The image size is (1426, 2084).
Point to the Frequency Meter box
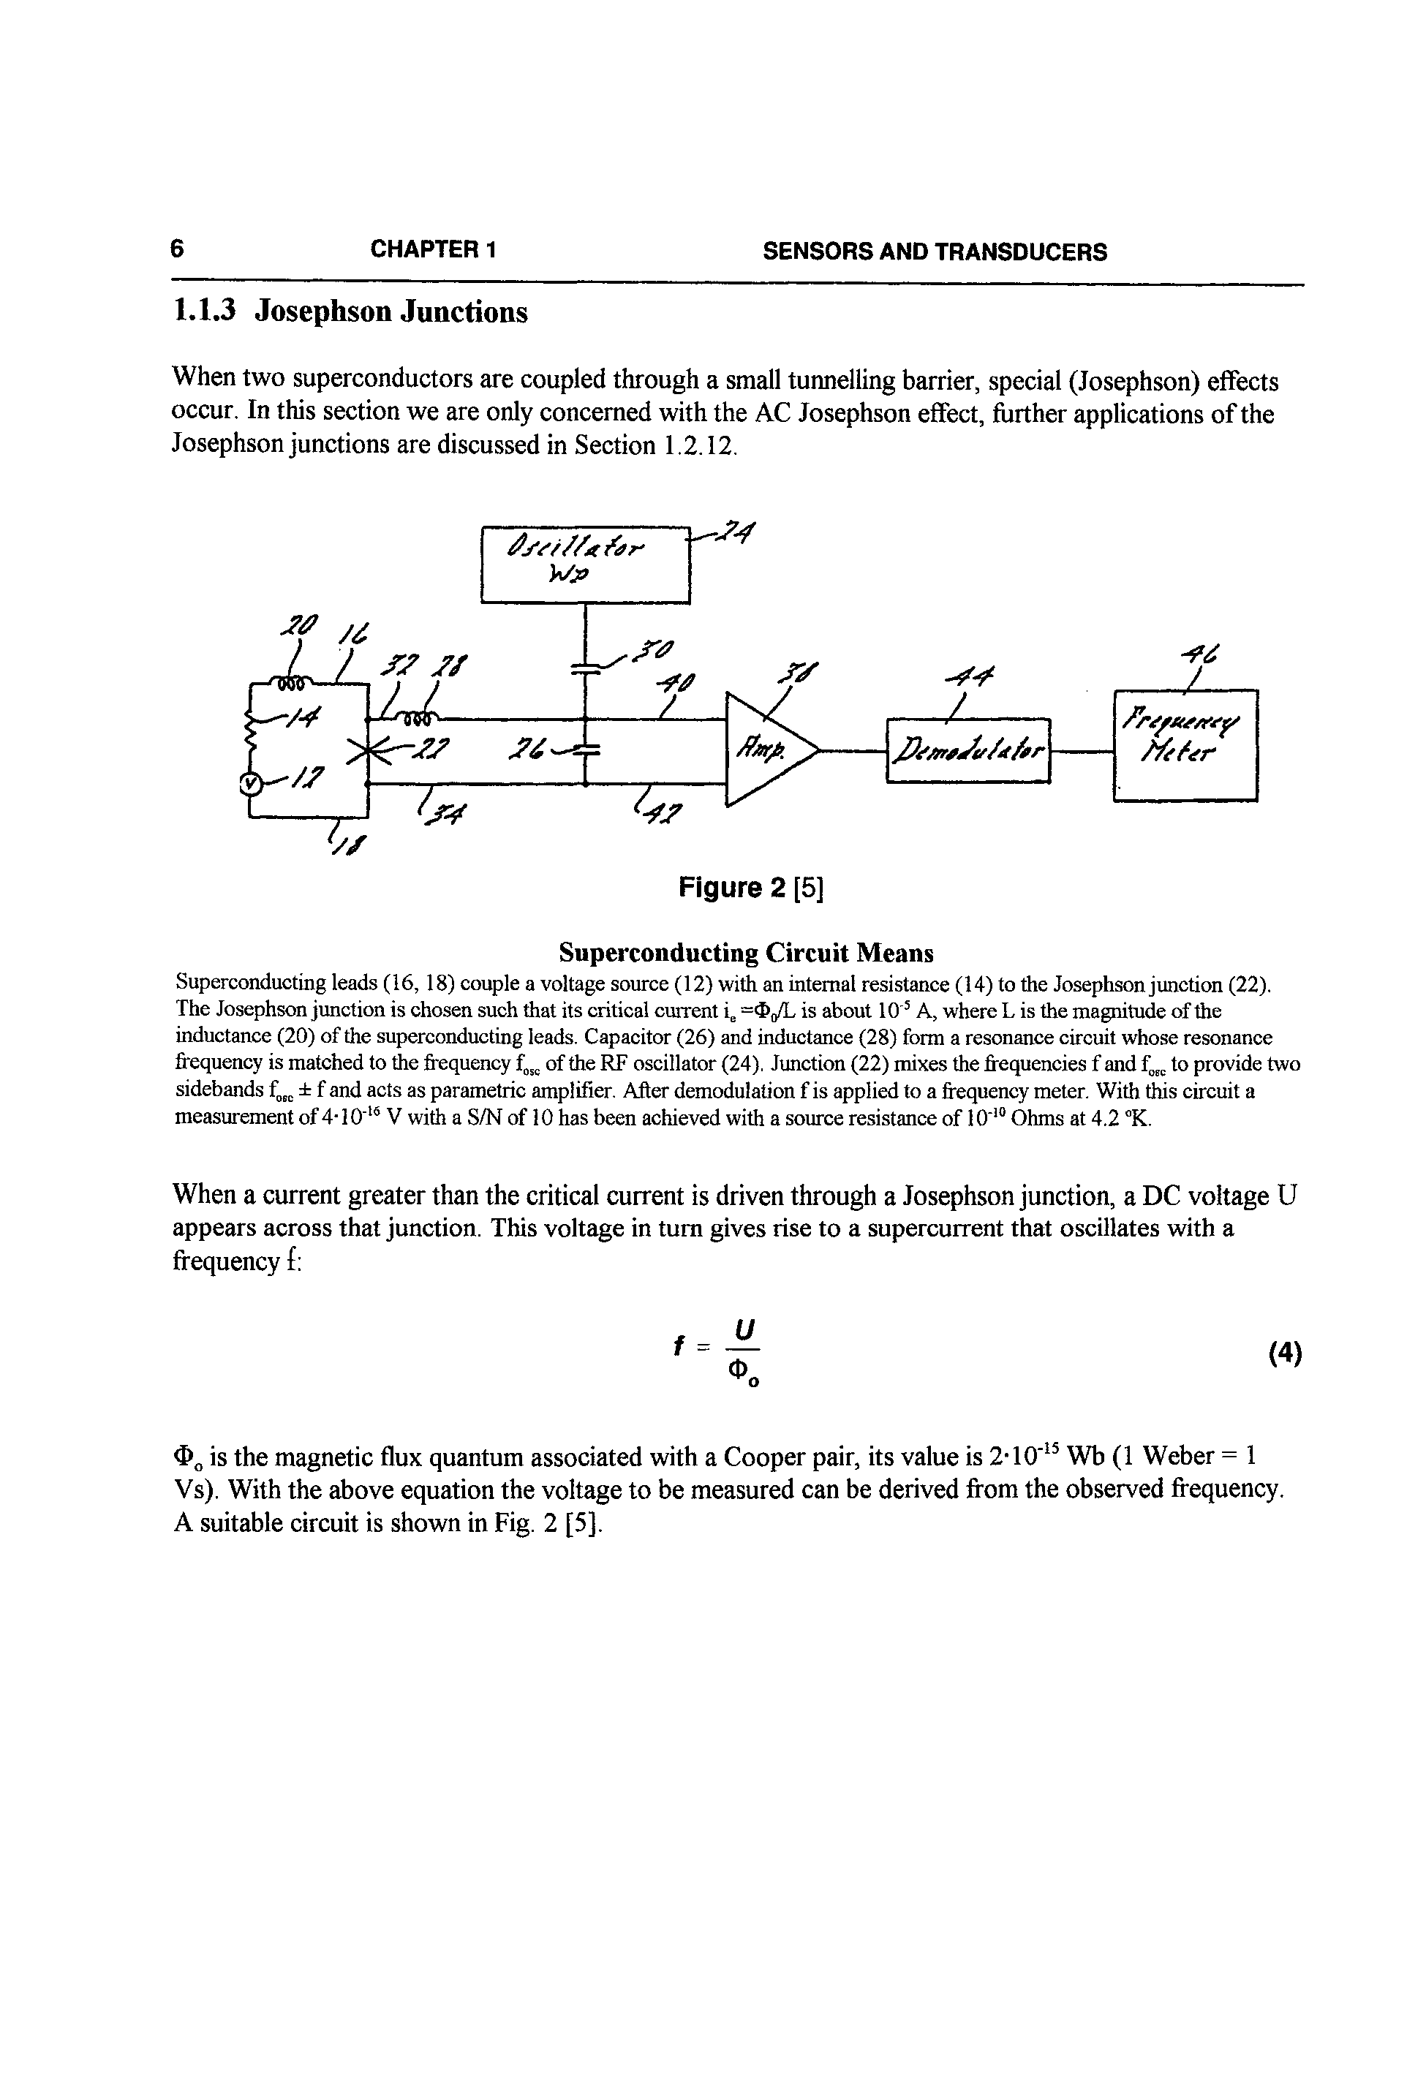coord(1185,744)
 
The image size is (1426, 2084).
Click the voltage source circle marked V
coord(250,784)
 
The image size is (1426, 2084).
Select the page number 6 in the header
coord(178,249)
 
